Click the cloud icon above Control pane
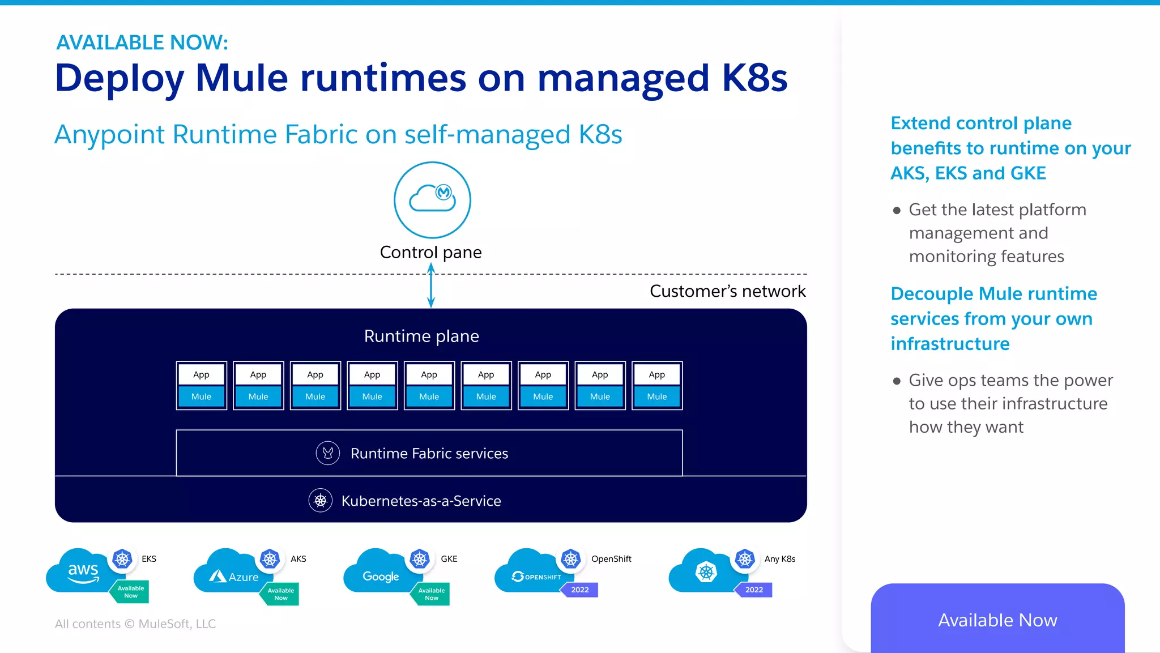point(432,199)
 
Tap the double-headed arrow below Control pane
point(431,287)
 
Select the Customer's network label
point(727,291)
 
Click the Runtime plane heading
point(421,336)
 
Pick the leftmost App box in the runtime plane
point(201,374)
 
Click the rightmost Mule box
point(657,396)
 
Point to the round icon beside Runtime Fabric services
point(327,453)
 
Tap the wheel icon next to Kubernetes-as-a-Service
point(321,501)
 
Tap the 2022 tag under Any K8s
point(754,590)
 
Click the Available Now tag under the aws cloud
point(131,592)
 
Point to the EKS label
point(149,559)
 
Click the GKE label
point(449,559)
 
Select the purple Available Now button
point(997,620)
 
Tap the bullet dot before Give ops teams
point(897,381)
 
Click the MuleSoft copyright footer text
point(135,624)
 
